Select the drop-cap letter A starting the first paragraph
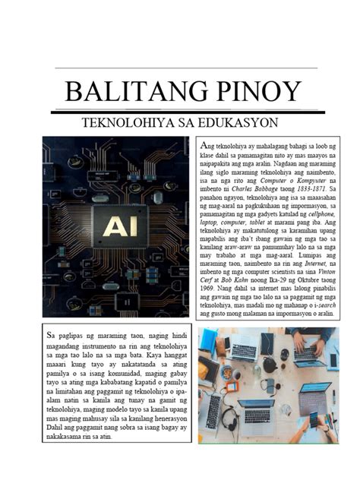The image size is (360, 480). [x=202, y=144]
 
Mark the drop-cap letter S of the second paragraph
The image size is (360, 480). [x=49, y=334]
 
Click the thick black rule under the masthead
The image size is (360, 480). [x=180, y=112]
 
